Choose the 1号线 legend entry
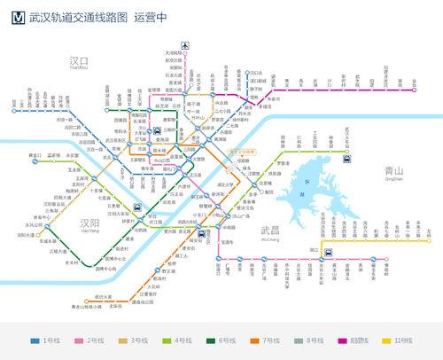point(45,340)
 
